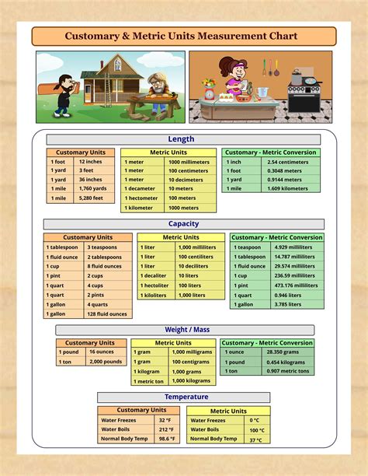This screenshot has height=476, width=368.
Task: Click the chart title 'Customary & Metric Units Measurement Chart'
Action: pyautogui.click(x=184, y=37)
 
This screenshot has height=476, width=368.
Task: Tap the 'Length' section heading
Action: pyautogui.click(x=181, y=139)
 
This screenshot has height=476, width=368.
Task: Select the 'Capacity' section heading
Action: pyautogui.click(x=183, y=224)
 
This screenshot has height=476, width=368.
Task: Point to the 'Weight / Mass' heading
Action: pyautogui.click(x=186, y=330)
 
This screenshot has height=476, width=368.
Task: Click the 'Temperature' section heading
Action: pyautogui.click(x=186, y=397)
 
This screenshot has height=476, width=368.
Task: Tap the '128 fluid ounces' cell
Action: pyautogui.click(x=108, y=314)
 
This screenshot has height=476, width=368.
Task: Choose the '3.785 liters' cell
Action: pyautogui.click(x=288, y=305)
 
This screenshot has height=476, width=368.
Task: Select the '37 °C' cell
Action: pyautogui.click(x=255, y=439)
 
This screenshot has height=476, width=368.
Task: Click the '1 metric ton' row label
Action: pyautogui.click(x=149, y=381)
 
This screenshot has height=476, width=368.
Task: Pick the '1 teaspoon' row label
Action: pyautogui.click(x=248, y=247)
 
